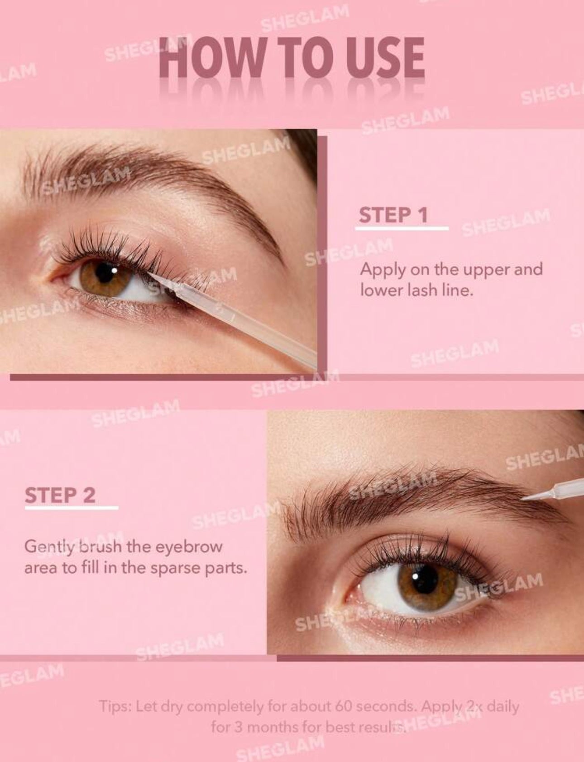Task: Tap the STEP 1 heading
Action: [393, 215]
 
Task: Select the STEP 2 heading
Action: [60, 495]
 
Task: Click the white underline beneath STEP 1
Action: [402, 228]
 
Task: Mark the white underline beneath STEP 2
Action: [72, 507]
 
